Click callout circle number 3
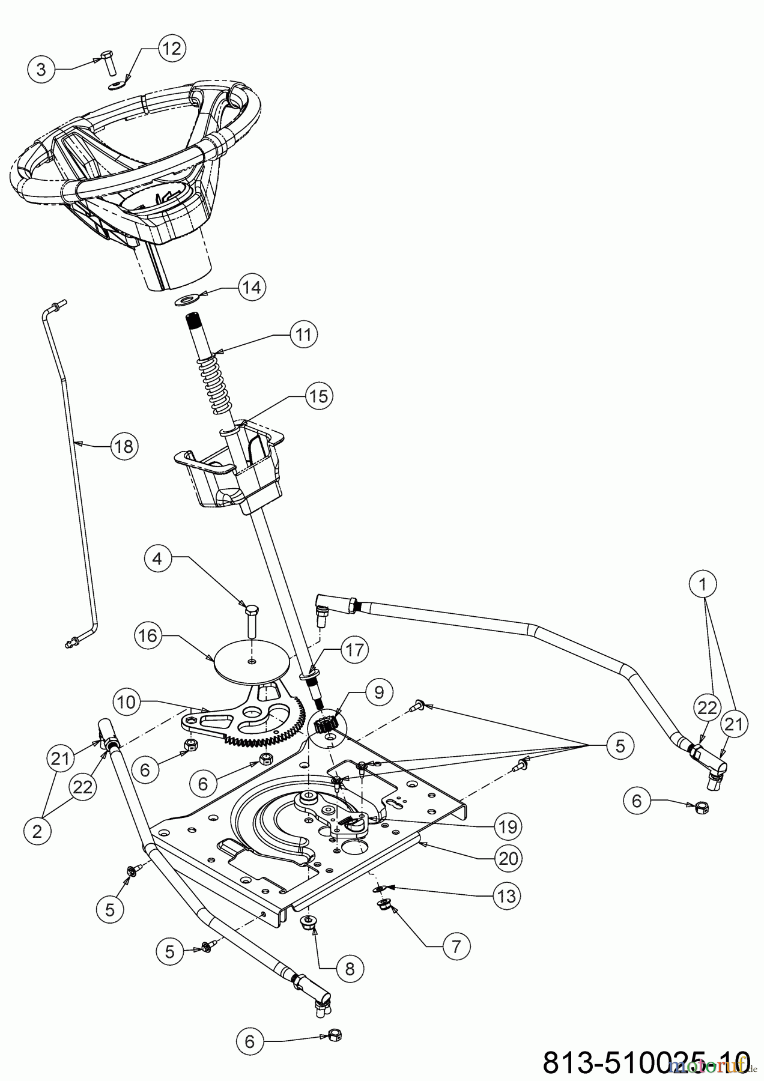[41, 70]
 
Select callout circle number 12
[172, 48]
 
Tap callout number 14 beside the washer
[251, 287]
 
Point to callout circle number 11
[303, 334]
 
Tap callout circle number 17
[354, 651]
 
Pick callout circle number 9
[379, 692]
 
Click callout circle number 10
[127, 702]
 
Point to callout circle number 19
[508, 827]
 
